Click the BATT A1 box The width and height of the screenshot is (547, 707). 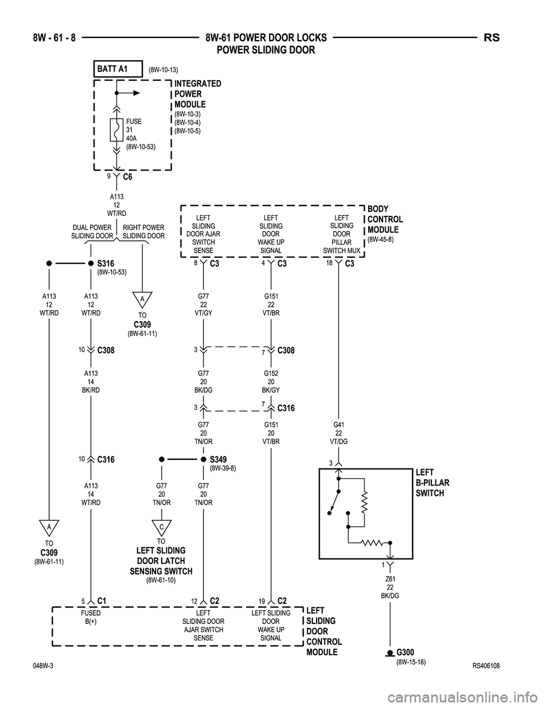(x=117, y=68)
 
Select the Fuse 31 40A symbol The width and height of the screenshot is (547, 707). (x=116, y=130)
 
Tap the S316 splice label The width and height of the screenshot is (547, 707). (x=106, y=263)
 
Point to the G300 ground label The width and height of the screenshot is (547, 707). (x=406, y=652)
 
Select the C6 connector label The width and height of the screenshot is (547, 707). (x=128, y=177)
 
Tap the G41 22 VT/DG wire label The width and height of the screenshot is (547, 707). (x=338, y=433)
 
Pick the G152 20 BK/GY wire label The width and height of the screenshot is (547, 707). (x=271, y=381)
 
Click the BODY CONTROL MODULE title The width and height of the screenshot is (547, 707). (x=385, y=219)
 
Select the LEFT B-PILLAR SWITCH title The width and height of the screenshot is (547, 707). (x=432, y=483)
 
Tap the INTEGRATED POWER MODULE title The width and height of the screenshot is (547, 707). (x=197, y=94)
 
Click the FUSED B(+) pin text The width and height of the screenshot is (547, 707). (x=91, y=617)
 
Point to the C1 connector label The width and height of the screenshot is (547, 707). (x=103, y=601)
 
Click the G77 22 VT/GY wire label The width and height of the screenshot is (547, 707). (x=203, y=305)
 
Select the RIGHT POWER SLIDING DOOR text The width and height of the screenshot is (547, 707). (x=144, y=232)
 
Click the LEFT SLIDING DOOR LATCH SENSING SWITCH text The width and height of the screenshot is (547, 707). (x=161, y=561)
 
